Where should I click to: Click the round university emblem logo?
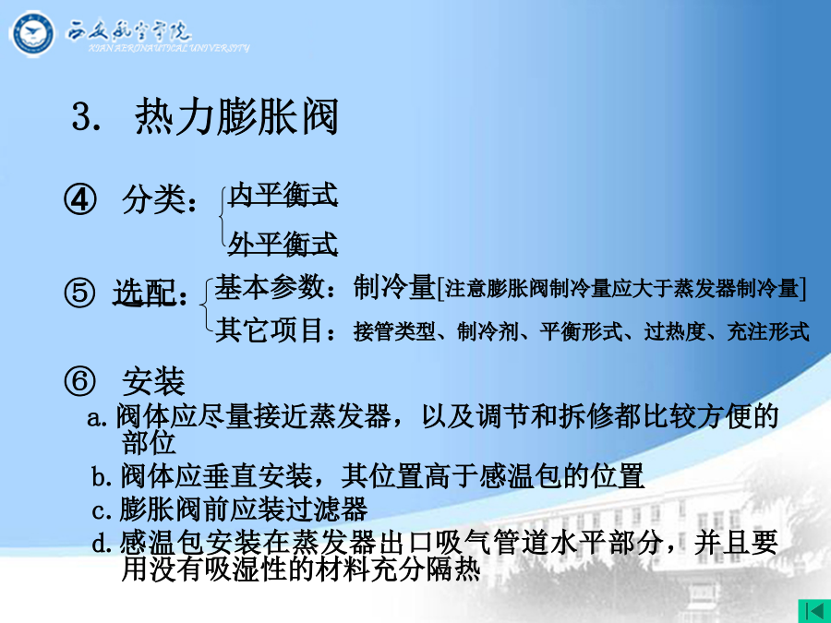click(x=31, y=34)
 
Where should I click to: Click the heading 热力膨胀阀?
click(x=237, y=116)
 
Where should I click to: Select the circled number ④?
click(x=80, y=199)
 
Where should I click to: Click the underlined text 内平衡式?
click(x=283, y=195)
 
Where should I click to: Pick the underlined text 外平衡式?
click(x=283, y=244)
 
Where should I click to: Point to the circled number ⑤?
click(x=79, y=293)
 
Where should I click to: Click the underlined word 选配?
click(x=144, y=293)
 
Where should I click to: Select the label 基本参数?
click(x=270, y=288)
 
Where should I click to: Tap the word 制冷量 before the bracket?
click(x=394, y=288)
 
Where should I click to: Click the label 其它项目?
click(x=270, y=330)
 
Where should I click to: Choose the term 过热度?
click(x=675, y=332)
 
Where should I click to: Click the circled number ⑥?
click(x=79, y=381)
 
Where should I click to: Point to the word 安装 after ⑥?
click(x=153, y=381)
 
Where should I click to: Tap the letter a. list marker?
click(x=99, y=418)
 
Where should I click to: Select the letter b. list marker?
click(x=102, y=477)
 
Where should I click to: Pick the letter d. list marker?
click(x=102, y=544)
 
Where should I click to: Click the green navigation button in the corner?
click(x=814, y=611)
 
